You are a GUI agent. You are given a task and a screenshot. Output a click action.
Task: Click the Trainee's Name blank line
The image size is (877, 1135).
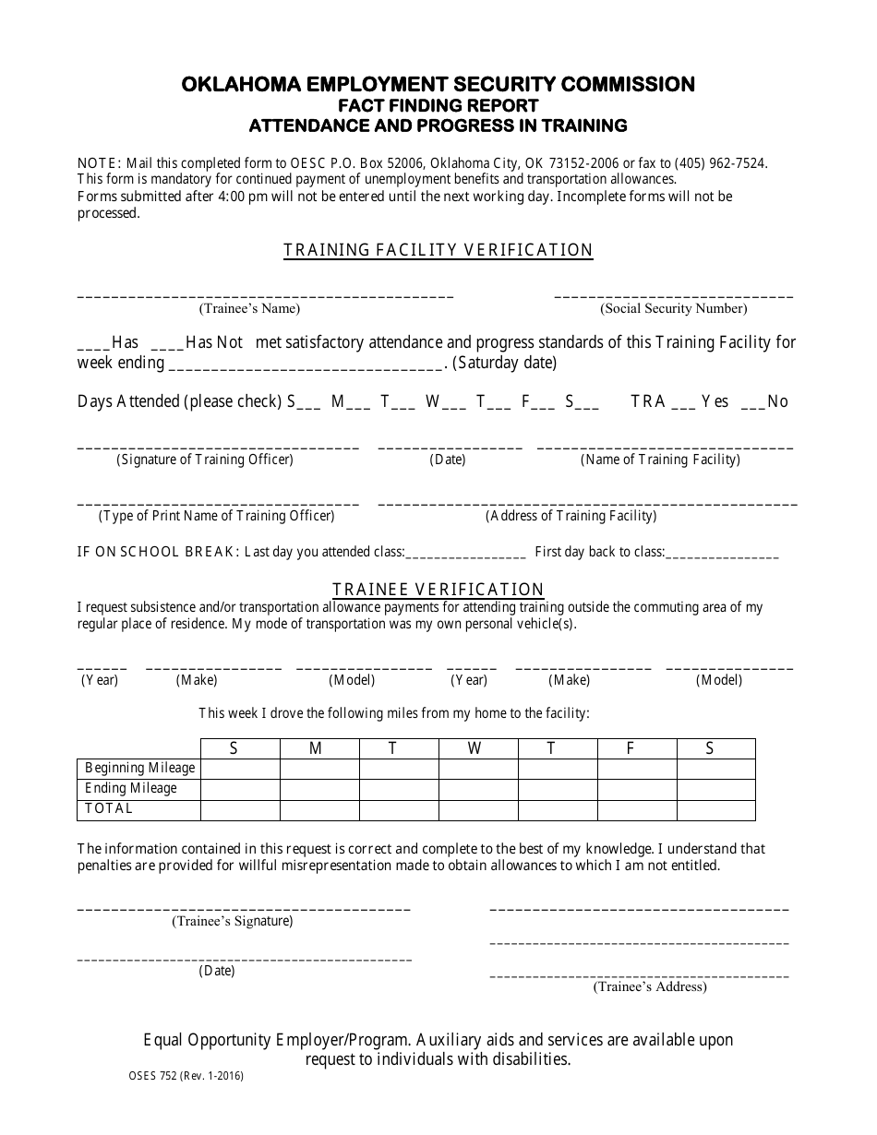tap(265, 295)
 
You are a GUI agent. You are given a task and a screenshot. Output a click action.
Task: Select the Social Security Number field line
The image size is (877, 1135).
tap(673, 295)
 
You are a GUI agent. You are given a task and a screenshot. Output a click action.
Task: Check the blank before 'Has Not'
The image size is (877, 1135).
tap(167, 346)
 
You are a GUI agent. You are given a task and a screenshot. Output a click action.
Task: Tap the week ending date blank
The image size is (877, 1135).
tap(306, 366)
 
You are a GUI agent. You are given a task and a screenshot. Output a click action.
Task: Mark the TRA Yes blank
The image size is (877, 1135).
tap(683, 405)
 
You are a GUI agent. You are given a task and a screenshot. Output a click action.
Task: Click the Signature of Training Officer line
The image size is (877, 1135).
tap(218, 447)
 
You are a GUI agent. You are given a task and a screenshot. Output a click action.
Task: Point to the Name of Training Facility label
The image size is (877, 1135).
tap(660, 460)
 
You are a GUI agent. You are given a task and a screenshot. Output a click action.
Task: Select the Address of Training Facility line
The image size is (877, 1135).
tap(587, 504)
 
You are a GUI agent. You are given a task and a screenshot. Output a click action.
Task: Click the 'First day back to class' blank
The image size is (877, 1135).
tap(722, 556)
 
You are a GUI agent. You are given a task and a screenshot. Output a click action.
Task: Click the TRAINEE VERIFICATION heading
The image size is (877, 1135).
tap(438, 590)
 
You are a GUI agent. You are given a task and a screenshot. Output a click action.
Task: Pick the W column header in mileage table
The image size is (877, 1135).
tap(475, 749)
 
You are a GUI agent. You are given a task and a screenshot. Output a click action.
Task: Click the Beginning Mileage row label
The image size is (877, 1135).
tap(140, 768)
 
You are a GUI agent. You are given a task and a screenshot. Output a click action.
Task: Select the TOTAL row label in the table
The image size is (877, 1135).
tap(109, 808)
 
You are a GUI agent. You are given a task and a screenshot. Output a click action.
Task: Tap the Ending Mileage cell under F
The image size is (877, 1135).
tap(637, 788)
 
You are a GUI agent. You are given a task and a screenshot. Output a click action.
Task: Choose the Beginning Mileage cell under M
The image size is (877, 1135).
tap(319, 768)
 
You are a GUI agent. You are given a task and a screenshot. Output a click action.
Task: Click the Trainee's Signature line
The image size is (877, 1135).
tap(244, 909)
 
